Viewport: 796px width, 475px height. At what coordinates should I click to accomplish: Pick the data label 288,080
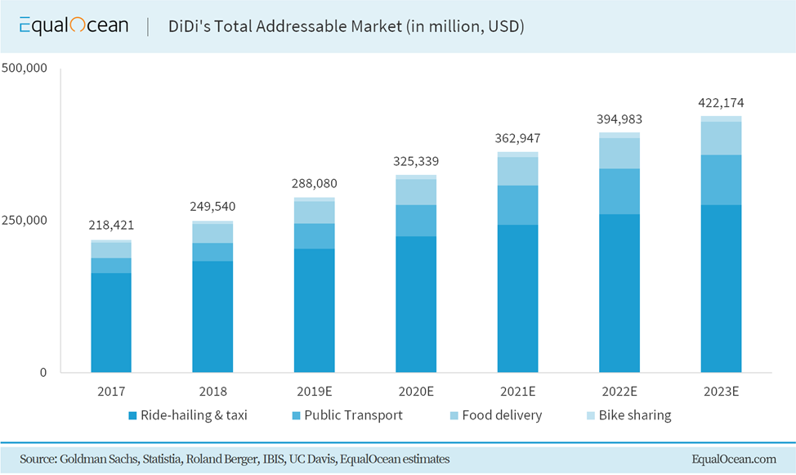point(315,183)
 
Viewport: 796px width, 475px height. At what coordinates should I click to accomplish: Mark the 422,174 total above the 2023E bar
point(721,103)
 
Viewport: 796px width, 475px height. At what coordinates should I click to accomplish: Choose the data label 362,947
point(517,137)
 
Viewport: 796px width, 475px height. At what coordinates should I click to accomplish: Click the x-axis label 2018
point(212,392)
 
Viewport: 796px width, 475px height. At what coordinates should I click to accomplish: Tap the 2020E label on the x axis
point(416,392)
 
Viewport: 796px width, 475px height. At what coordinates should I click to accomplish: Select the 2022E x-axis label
point(619,392)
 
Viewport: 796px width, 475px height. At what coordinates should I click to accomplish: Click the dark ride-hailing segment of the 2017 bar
point(111,323)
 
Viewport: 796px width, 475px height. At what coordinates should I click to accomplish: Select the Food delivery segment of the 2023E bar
point(721,138)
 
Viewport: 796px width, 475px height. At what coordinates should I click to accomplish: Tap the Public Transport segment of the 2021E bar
point(517,205)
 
